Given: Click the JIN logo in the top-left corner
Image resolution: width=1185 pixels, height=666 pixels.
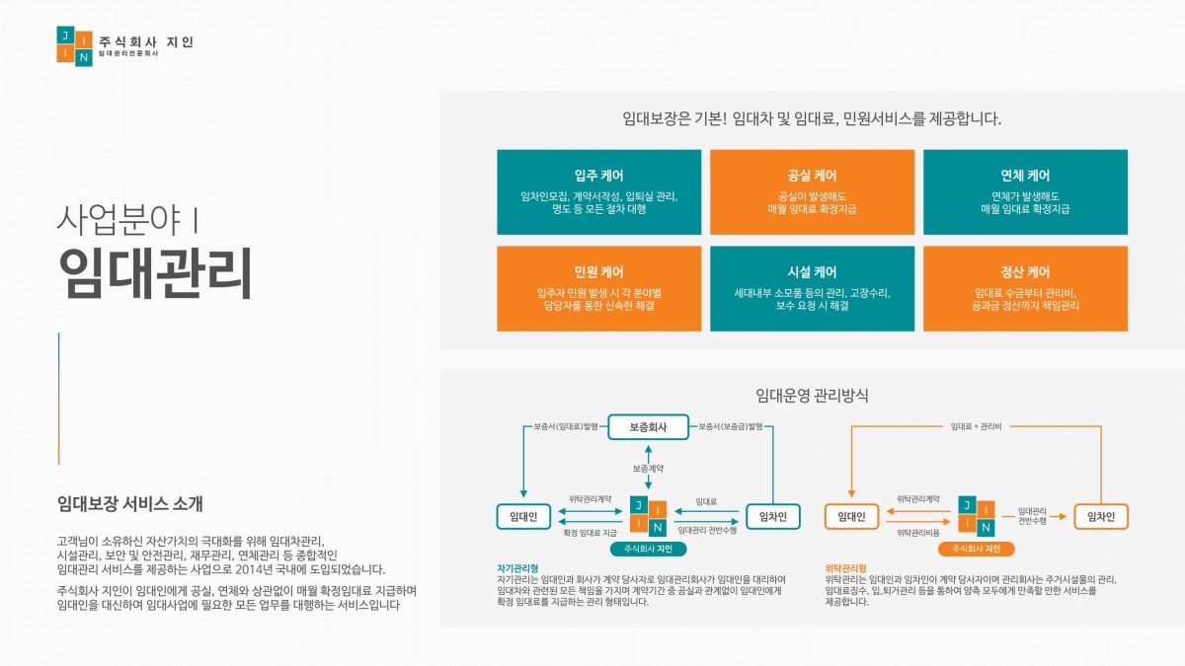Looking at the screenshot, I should point(74,45).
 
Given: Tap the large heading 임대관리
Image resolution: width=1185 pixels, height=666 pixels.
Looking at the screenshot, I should point(155,272).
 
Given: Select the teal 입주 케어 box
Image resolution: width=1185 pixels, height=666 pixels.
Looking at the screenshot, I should point(598,192).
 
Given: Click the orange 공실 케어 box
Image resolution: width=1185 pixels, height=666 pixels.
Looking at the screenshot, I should point(812,192).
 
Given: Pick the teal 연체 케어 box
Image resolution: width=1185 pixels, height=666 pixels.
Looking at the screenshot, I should point(1025,192).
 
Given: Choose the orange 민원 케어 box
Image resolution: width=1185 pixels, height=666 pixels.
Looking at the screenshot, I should point(598,288).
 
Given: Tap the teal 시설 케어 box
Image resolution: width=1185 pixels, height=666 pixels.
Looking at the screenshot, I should point(812,288).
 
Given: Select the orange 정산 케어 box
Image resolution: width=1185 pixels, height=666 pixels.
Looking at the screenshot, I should point(1025,288).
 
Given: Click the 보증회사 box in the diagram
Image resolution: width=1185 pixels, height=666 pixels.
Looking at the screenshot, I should point(649,427).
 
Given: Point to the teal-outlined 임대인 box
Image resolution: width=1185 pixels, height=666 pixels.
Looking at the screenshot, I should point(523,516).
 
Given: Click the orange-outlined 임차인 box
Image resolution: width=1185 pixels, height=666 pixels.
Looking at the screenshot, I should point(1100,516).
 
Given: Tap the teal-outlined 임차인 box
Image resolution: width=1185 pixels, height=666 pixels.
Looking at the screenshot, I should point(772,516).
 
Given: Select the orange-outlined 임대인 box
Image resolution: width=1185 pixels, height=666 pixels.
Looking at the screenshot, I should point(851,516).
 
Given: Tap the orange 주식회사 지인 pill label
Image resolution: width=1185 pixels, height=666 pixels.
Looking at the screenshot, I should point(977,549).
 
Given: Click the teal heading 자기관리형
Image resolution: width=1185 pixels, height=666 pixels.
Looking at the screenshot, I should point(517,568).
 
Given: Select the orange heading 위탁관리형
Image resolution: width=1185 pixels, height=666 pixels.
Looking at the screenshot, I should point(845,568).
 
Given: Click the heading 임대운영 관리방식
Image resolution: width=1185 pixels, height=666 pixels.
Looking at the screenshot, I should point(812,396).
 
